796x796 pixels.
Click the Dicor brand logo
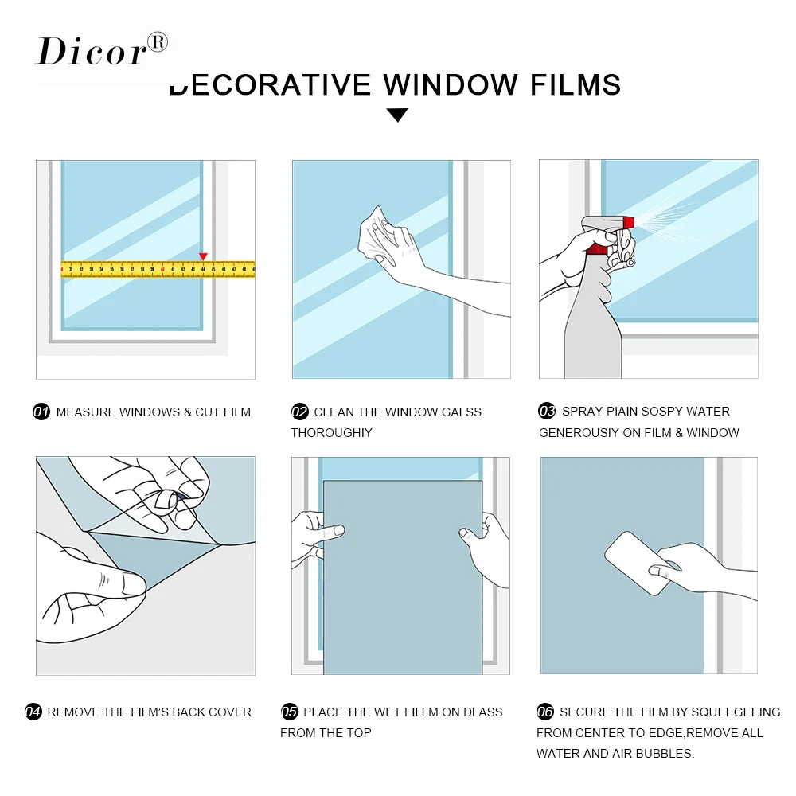[x=101, y=50]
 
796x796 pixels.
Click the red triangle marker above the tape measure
[x=203, y=256]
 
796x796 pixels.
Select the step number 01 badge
[x=41, y=412]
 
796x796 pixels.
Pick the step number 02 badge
[x=299, y=412]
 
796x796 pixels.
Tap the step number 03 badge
[x=547, y=410]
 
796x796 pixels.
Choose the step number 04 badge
[x=33, y=712]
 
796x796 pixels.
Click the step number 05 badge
[x=290, y=712]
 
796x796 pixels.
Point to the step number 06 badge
[x=544, y=712]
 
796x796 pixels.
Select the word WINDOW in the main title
[x=450, y=85]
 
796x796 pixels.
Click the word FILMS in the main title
[x=576, y=85]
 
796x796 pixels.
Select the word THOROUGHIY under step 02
[x=331, y=432]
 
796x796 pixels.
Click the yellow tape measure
[x=158, y=269]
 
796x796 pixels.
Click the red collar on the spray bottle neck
[x=598, y=248]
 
